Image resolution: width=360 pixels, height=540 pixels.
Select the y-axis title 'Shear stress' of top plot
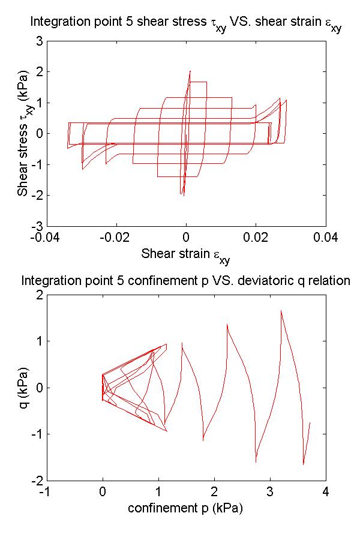pyautogui.click(x=25, y=133)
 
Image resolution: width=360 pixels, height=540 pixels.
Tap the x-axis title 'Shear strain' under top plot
pyautogui.click(x=185, y=254)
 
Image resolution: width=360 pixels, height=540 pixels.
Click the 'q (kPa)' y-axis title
pyautogui.click(x=25, y=387)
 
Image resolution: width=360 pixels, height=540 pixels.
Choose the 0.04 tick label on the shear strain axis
pyautogui.click(x=326, y=238)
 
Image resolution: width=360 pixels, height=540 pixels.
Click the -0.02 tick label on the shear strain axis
pyautogui.click(x=116, y=238)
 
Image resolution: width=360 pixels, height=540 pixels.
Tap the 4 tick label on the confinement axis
pyautogui.click(x=326, y=492)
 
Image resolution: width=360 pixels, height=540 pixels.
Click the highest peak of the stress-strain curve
pyautogui.click(x=190, y=71)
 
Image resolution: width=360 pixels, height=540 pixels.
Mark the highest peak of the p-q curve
pyautogui.click(x=281, y=310)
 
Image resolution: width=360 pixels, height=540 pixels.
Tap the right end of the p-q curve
pyautogui.click(x=310, y=422)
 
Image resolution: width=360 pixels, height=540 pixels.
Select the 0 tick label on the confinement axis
pyautogui.click(x=103, y=492)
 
